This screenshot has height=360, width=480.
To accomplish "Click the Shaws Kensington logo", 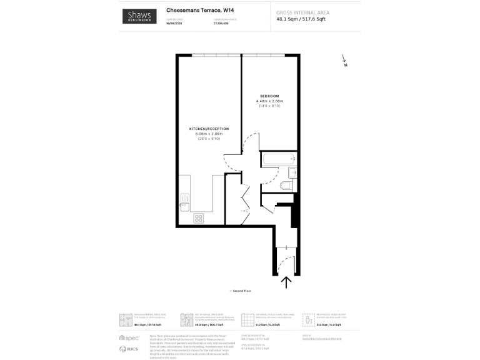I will [140, 17].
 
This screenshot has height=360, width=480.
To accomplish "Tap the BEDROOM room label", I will [270, 96].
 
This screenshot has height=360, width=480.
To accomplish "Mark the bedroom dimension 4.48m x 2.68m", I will [271, 101].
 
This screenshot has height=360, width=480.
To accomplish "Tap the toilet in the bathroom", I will [286, 185].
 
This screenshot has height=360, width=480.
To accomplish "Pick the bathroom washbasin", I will [292, 172].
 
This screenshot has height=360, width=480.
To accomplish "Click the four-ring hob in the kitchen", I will [199, 217].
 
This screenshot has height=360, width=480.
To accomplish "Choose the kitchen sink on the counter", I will [184, 201].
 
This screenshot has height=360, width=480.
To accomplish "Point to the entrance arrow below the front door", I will [287, 282].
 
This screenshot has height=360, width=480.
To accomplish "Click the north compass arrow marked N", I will [344, 61].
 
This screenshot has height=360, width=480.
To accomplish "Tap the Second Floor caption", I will [240, 291].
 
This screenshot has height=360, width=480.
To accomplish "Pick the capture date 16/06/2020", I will [174, 22].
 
